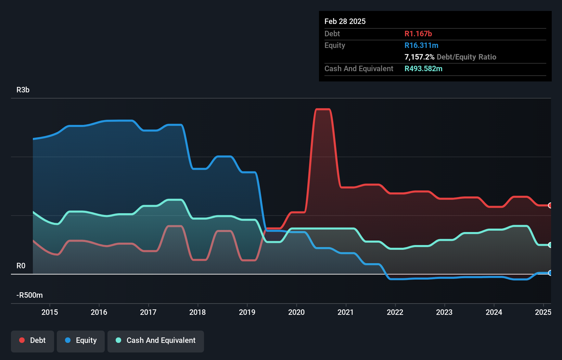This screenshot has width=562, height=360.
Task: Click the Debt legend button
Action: pyautogui.click(x=33, y=341)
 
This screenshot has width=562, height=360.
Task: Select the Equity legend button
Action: pyautogui.click(x=81, y=341)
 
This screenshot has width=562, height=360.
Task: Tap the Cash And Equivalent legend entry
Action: pyautogui.click(x=156, y=341)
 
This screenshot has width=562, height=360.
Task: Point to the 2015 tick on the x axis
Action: pyautogui.click(x=50, y=312)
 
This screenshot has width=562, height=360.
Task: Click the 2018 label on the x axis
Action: pyautogui.click(x=197, y=312)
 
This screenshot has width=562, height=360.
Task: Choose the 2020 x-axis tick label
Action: pyautogui.click(x=296, y=312)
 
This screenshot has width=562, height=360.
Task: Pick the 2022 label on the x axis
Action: pyautogui.click(x=395, y=312)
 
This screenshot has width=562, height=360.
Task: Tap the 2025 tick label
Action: pyautogui.click(x=543, y=312)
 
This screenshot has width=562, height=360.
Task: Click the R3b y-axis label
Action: pyautogui.click(x=23, y=90)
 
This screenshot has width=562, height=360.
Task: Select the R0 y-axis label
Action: pyautogui.click(x=21, y=266)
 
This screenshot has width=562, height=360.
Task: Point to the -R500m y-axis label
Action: pyautogui.click(x=30, y=295)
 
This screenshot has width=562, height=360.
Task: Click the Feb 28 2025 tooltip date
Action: pyautogui.click(x=345, y=21)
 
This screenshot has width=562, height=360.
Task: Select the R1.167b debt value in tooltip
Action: pyautogui.click(x=418, y=34)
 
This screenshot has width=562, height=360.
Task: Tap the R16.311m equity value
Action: pyautogui.click(x=421, y=45)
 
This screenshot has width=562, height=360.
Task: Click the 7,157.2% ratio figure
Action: pyautogui.click(x=419, y=57)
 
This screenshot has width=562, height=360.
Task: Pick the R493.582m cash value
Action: pyautogui.click(x=423, y=68)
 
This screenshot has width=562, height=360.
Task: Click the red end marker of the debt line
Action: pyautogui.click(x=550, y=205)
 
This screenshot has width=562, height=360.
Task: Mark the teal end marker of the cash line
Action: pyautogui.click(x=550, y=245)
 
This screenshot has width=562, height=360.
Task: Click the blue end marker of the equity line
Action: pyautogui.click(x=550, y=273)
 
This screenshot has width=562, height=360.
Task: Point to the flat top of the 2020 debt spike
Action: pyautogui.click(x=323, y=110)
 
